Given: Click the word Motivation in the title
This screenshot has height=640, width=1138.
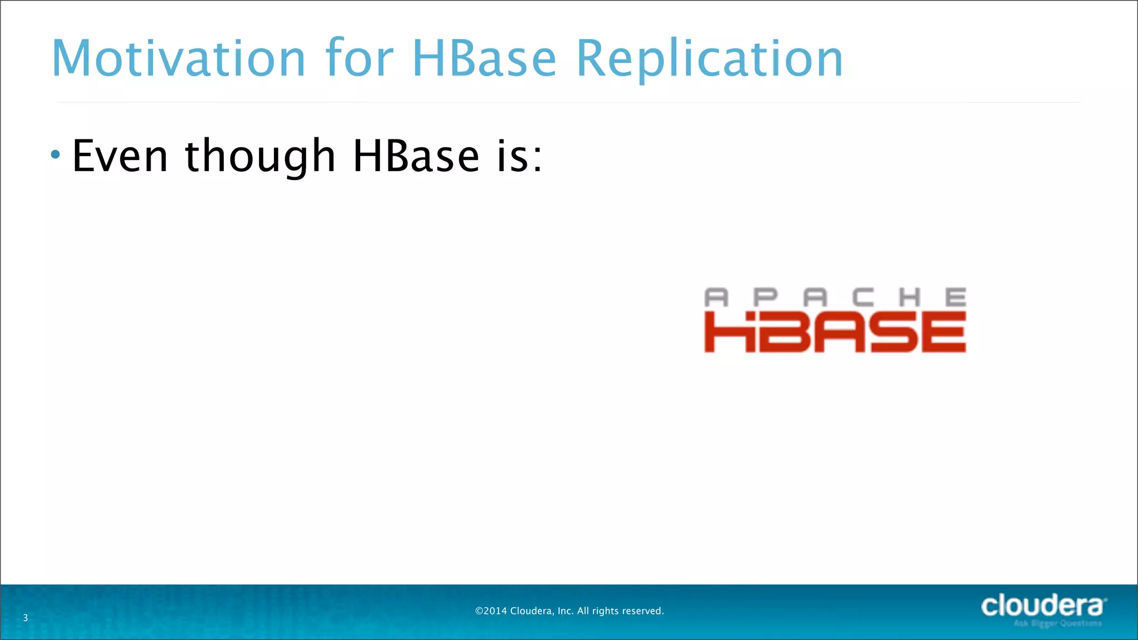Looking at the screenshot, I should [x=178, y=58].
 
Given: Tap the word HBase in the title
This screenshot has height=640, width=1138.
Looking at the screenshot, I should [x=483, y=58].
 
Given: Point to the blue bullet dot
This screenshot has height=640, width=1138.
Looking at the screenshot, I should [x=55, y=154].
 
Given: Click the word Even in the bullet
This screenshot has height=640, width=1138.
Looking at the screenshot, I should [x=120, y=156].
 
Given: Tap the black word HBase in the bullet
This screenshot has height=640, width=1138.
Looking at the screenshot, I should [x=416, y=156].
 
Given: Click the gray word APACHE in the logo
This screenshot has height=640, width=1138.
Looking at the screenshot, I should [x=835, y=298].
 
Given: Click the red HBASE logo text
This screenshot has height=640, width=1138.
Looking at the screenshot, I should [x=835, y=332].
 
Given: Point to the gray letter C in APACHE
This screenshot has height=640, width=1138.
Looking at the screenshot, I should [x=863, y=298].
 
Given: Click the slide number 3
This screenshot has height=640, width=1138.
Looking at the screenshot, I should [x=25, y=618].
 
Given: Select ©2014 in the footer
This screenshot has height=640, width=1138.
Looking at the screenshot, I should [x=491, y=611].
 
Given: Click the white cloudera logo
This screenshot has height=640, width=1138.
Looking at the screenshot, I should [x=1042, y=606].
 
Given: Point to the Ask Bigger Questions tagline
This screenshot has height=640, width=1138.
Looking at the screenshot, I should [x=1057, y=623].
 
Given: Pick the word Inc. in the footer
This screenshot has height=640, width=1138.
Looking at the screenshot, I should [x=565, y=611].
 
